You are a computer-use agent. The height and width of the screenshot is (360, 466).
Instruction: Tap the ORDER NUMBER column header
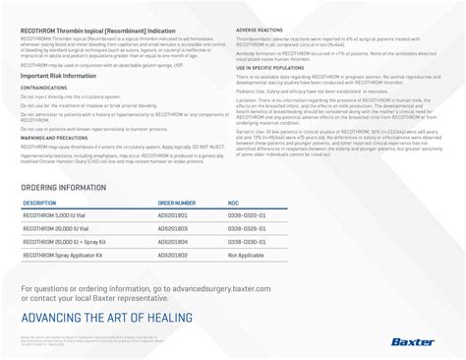point(177,203)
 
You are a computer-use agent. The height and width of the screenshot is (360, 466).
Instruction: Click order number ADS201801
point(173,214)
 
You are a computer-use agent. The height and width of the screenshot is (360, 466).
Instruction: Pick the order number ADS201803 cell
point(173,227)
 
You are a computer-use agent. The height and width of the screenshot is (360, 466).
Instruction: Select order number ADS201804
point(173,240)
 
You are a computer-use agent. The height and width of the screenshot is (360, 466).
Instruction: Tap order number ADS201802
point(173,254)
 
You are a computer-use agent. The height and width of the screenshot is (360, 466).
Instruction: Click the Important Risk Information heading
point(62,75)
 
